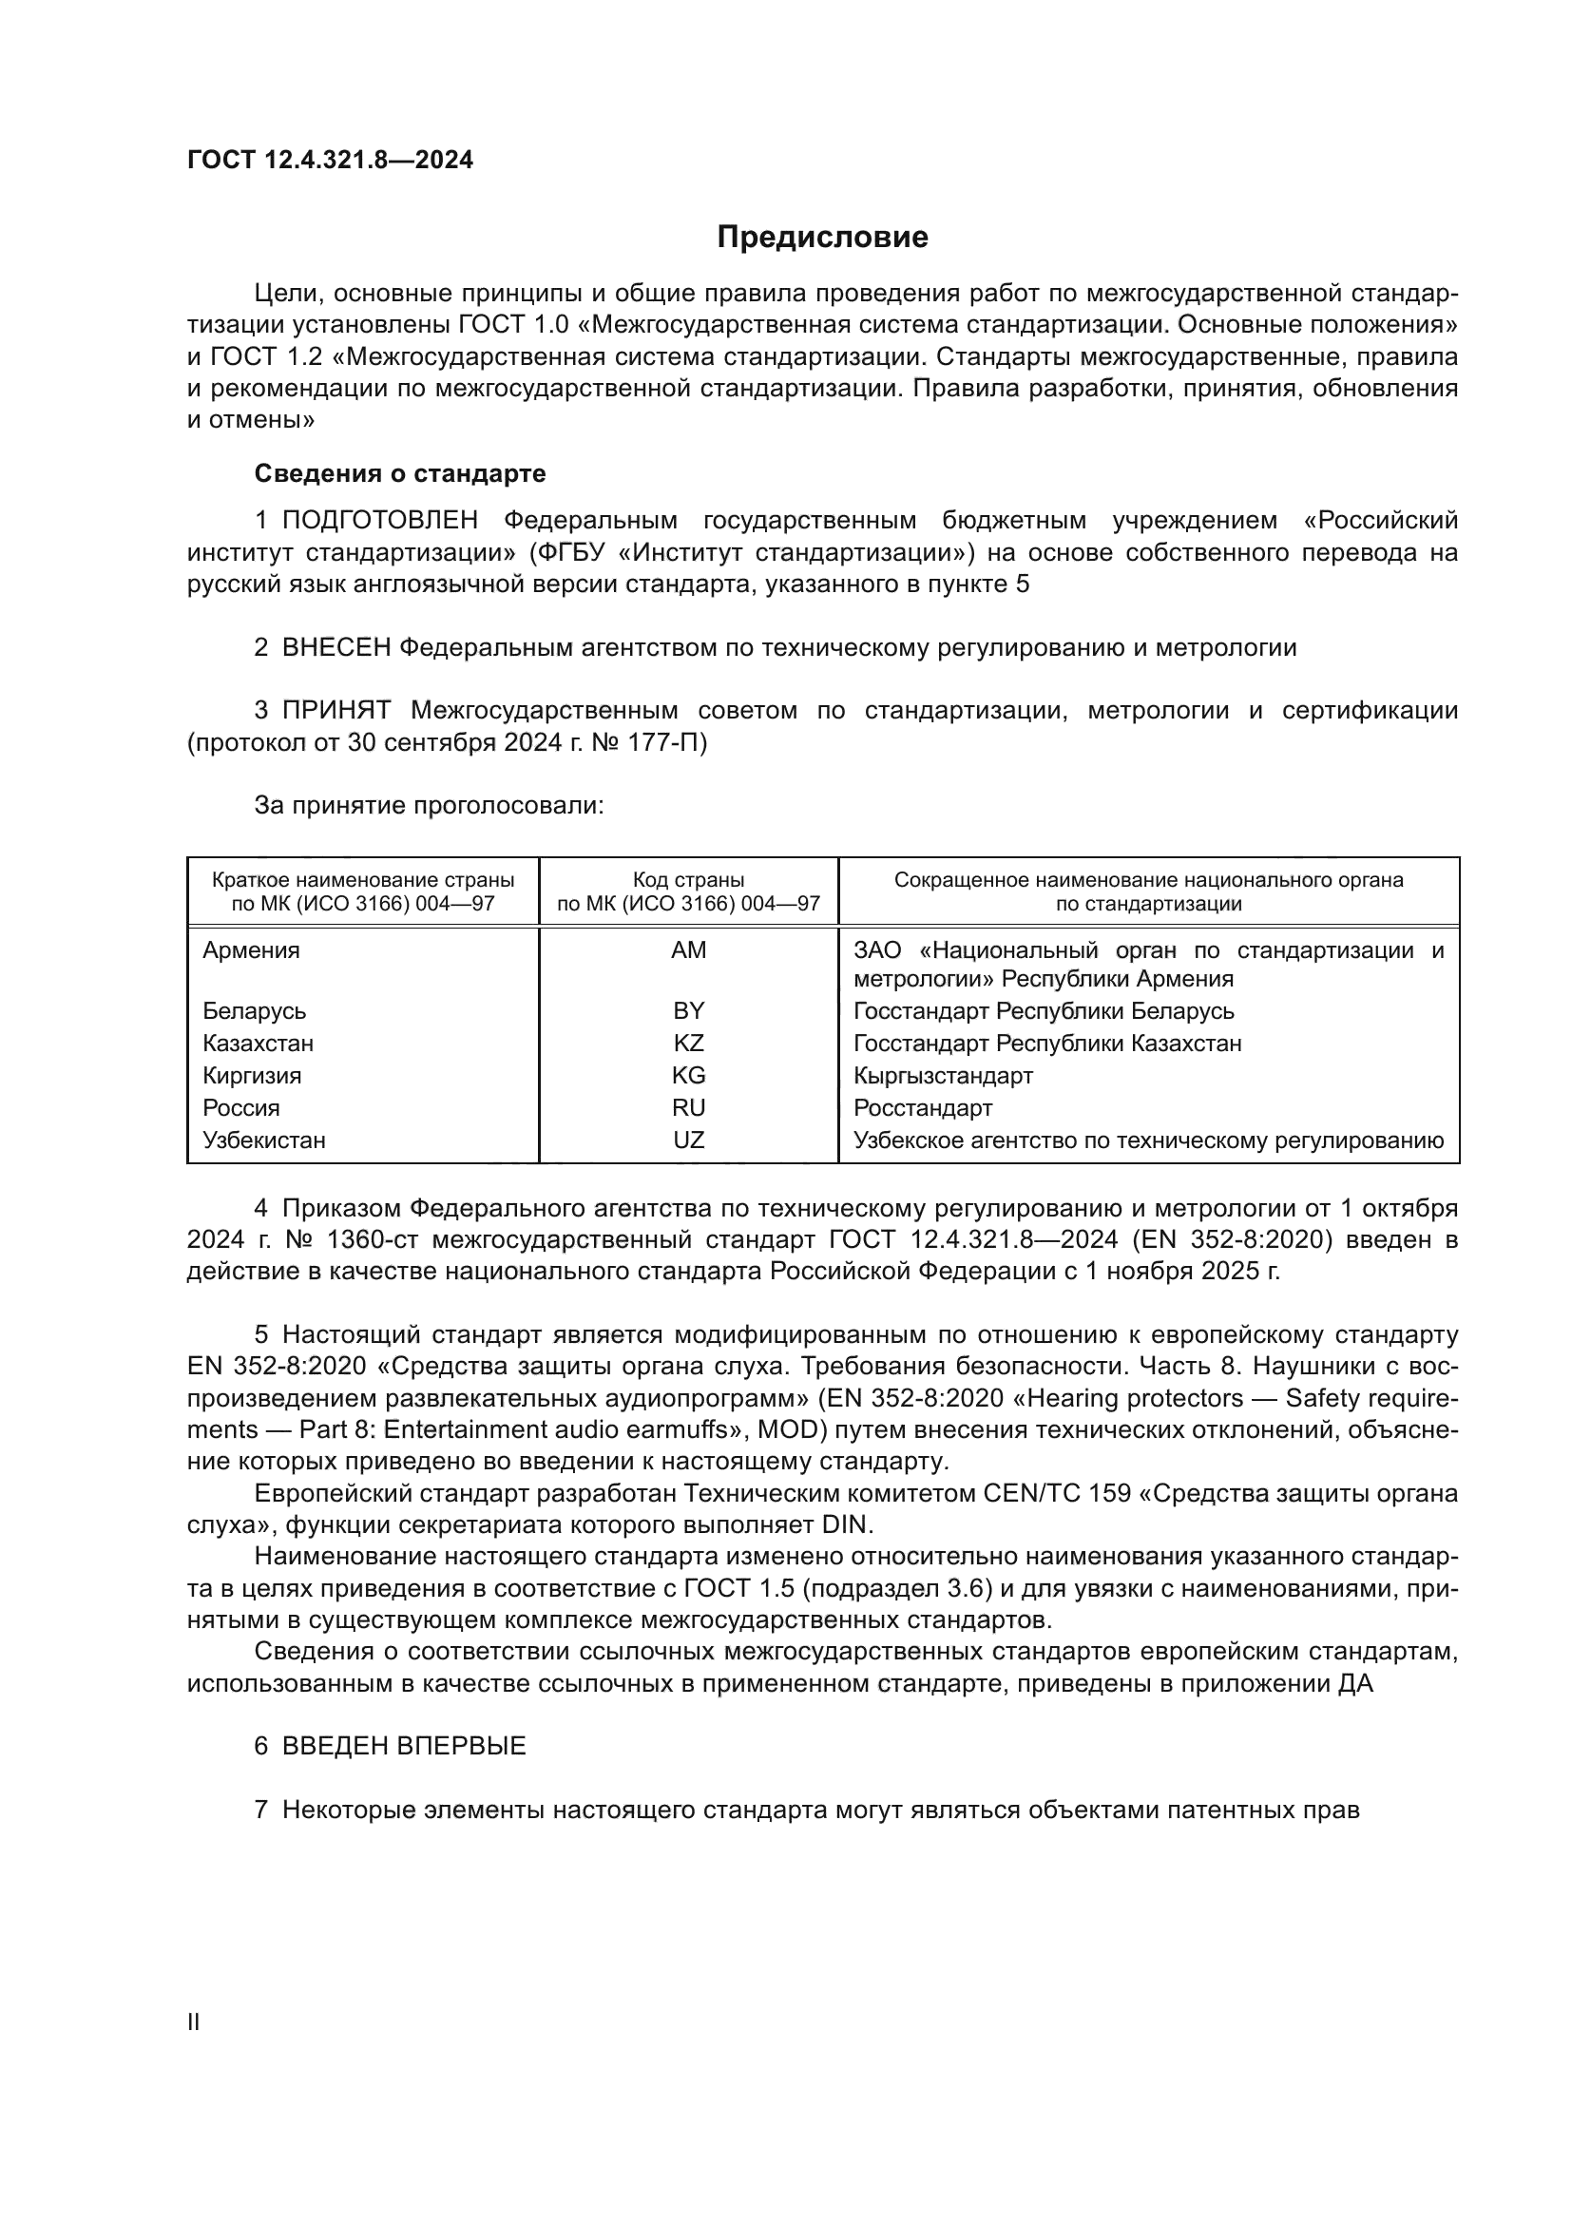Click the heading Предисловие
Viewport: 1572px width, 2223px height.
pos(822,238)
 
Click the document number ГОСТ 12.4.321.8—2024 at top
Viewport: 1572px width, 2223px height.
pos(330,161)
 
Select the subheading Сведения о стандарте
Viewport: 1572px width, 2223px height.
pos(399,473)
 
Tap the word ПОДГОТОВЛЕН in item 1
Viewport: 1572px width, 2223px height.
pos(379,521)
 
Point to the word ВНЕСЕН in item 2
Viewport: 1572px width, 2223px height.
pos(335,648)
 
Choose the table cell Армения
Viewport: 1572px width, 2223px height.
pos(251,949)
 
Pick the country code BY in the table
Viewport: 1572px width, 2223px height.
pos(688,1011)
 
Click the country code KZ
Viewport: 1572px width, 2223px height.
pos(688,1044)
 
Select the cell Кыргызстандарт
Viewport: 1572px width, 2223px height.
pos(943,1076)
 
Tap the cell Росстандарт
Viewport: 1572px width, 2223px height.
pos(923,1107)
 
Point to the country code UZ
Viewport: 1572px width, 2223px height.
pos(688,1140)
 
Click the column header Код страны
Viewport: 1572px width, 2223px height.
pos(688,880)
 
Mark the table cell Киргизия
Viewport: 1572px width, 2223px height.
pos(252,1076)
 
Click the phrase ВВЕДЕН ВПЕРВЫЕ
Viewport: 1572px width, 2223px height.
pos(404,1747)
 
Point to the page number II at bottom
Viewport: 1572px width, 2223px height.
pos(194,2022)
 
